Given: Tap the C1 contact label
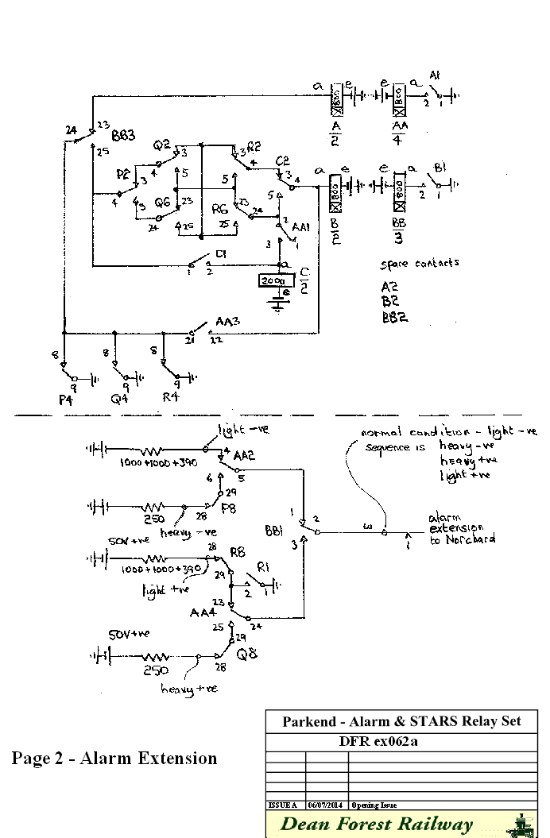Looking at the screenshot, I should [x=221, y=254].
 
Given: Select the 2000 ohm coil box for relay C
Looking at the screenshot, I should [x=273, y=281].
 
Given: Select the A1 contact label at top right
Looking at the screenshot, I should [x=435, y=75].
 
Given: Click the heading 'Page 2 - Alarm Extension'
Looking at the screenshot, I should [x=114, y=758].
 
